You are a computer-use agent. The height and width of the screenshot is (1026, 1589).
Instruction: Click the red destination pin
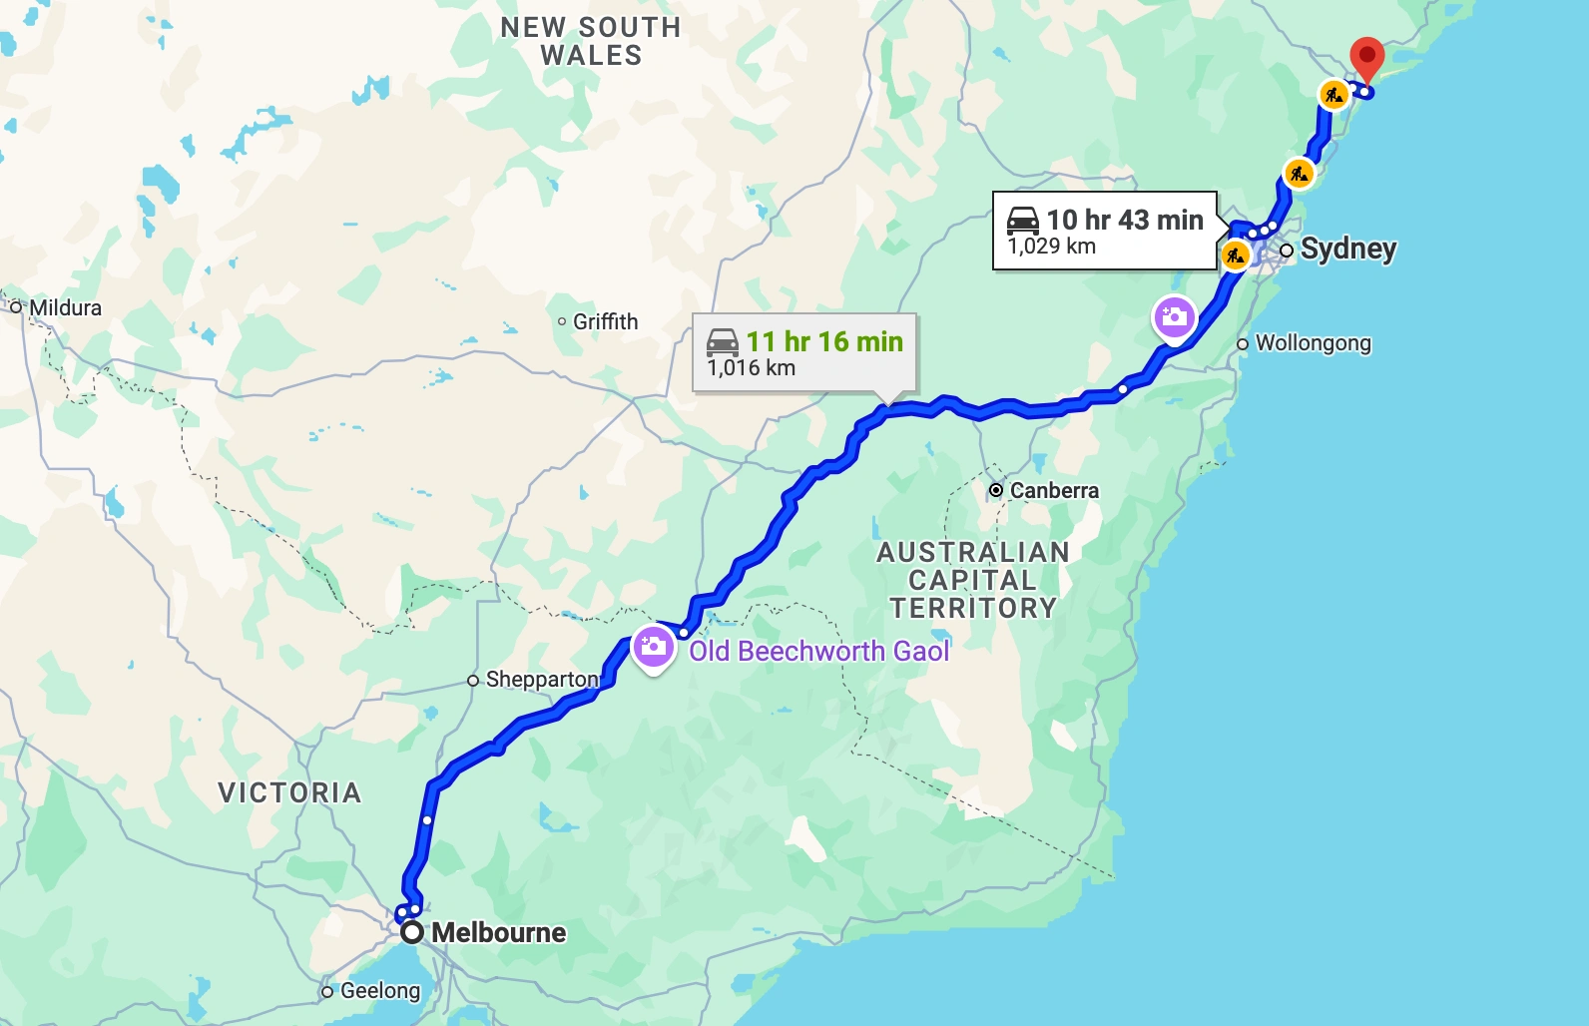pos(1366,56)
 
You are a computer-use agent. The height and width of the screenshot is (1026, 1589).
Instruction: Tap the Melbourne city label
pos(498,933)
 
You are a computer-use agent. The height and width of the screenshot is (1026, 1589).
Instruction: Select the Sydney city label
pos(1347,249)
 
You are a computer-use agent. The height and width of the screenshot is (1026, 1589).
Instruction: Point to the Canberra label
pos(1054,491)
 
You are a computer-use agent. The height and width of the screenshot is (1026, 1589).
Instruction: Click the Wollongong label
pos(1313,343)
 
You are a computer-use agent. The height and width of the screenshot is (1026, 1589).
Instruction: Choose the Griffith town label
pos(605,321)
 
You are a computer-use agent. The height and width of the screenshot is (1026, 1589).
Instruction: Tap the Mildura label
pos(65,307)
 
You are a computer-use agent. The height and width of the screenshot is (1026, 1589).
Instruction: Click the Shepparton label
pos(542,680)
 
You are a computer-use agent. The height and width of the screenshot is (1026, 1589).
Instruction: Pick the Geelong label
pos(380,991)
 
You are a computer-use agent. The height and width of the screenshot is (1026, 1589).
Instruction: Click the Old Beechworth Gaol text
pos(818,652)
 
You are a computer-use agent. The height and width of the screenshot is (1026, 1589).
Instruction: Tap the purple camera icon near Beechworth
pos(653,647)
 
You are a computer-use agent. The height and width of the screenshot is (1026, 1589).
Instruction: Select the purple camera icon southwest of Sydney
pos(1174,317)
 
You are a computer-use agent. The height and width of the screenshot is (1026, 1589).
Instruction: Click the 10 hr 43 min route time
pos(1125,220)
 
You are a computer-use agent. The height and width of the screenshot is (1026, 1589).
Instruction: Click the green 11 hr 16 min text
pos(824,341)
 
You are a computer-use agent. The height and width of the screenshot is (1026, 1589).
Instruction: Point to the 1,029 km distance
pos(1051,247)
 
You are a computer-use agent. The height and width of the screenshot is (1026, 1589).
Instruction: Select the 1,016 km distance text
pos(751,368)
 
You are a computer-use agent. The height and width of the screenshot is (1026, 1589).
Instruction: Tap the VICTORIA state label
pos(289,792)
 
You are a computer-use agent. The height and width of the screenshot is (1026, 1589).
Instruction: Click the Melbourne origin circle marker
pos(412,933)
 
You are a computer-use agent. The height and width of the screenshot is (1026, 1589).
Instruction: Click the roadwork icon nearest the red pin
pos(1333,95)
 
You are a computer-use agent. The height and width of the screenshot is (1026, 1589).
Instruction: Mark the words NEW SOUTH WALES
pos(591,41)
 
